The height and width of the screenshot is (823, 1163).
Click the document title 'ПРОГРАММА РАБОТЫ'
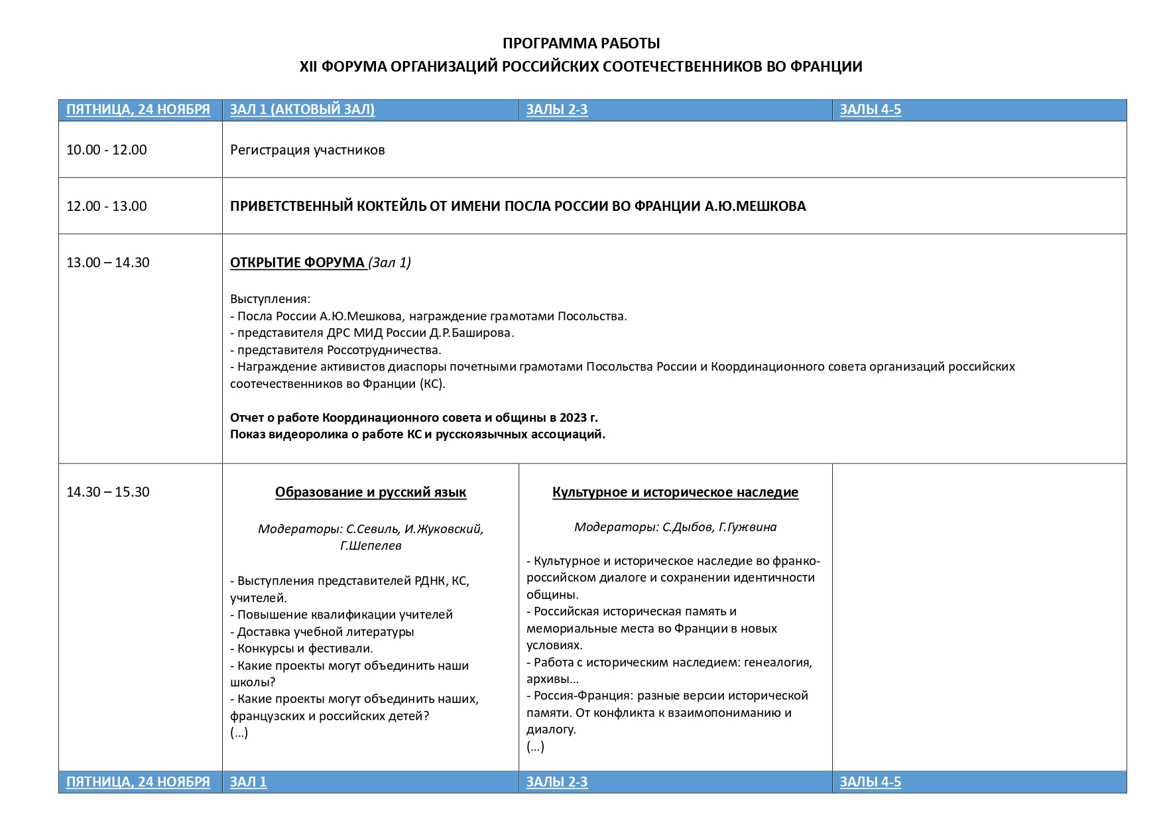(x=581, y=43)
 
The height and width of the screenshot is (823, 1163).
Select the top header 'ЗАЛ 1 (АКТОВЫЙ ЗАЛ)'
(x=302, y=109)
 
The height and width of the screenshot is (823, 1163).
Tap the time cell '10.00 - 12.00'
(x=107, y=150)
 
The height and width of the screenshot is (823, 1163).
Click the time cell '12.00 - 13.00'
(x=107, y=206)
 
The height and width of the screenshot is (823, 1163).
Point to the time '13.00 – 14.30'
(x=108, y=263)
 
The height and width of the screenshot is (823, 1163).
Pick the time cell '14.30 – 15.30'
(x=108, y=492)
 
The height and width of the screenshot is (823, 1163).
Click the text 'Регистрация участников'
(x=308, y=150)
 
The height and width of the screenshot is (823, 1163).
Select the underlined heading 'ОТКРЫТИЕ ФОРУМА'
(x=298, y=263)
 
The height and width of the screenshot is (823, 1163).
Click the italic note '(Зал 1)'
(x=390, y=263)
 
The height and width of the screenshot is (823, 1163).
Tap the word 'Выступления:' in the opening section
(x=270, y=299)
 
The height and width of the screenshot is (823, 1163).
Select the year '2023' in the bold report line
(x=574, y=417)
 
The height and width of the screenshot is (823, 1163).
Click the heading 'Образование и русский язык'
(x=371, y=492)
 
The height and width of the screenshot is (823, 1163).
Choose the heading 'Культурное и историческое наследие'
(x=675, y=492)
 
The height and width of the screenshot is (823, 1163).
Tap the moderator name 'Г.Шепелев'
(x=371, y=546)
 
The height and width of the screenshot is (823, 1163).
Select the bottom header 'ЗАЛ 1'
(x=249, y=782)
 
